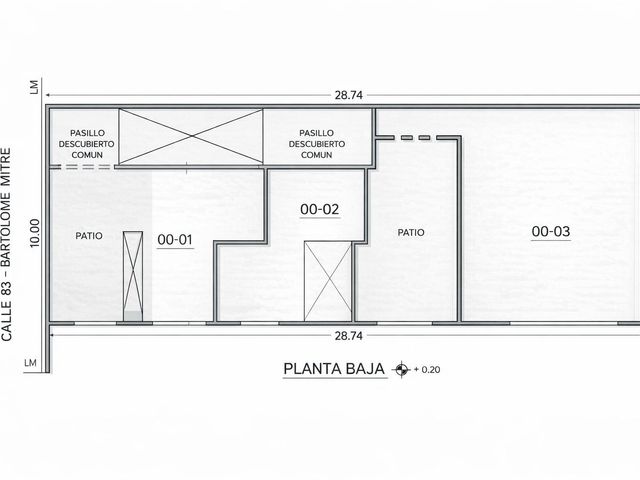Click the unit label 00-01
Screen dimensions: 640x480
pyautogui.click(x=175, y=240)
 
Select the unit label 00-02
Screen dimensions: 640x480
pyautogui.click(x=320, y=209)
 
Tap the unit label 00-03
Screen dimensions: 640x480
pyautogui.click(x=551, y=231)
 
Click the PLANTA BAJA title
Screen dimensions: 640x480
pyautogui.click(x=334, y=369)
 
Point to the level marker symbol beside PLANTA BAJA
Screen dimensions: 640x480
pyautogui.click(x=401, y=369)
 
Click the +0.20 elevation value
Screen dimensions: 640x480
pyautogui.click(x=427, y=369)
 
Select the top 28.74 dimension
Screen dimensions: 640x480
pyautogui.click(x=349, y=95)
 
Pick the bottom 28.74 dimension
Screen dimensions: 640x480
pyautogui.click(x=349, y=336)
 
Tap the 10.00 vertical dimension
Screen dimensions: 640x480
pyautogui.click(x=35, y=233)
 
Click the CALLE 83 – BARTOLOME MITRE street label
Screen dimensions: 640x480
pyautogui.click(x=7, y=244)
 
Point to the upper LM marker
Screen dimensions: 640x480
pyautogui.click(x=34, y=87)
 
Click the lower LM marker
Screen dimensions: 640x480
pyautogui.click(x=30, y=363)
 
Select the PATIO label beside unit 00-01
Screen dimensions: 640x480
pyautogui.click(x=89, y=236)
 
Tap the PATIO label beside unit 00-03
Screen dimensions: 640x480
pyautogui.click(x=411, y=232)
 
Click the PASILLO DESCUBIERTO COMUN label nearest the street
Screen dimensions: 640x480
pyautogui.click(x=87, y=144)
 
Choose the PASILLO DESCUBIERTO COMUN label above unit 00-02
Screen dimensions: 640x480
pyautogui.click(x=317, y=144)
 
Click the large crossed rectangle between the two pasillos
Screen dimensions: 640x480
pyautogui.click(x=191, y=136)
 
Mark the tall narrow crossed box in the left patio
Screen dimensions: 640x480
pyautogui.click(x=133, y=276)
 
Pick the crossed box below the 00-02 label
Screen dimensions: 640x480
pyautogui.click(x=328, y=281)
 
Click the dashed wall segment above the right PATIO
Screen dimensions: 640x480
pyautogui.click(x=418, y=138)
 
